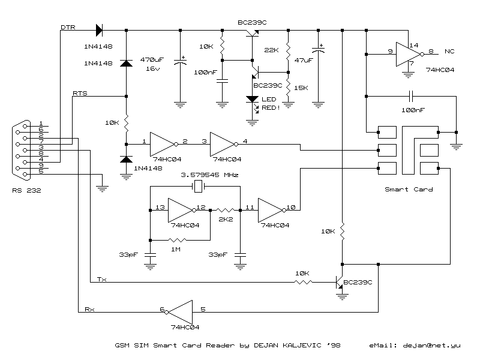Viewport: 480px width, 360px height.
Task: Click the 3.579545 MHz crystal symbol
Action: pos(199,186)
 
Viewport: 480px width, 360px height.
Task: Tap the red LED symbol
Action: pos(252,100)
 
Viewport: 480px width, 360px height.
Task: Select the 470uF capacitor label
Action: pos(152,59)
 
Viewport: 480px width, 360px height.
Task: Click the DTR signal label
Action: pos(68,27)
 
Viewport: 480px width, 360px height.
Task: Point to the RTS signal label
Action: pos(80,93)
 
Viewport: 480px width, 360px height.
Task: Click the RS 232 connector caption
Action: pos(26,190)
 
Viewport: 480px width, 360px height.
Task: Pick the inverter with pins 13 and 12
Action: pos(182,211)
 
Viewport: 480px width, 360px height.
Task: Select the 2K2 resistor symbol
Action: pos(226,211)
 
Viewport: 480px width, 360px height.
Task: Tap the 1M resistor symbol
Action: pos(177,241)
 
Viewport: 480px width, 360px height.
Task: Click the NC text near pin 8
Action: pos(449,52)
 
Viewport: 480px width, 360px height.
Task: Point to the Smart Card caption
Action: pos(409,190)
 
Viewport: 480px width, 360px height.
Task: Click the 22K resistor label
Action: pos(272,50)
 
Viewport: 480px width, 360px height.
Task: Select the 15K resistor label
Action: pos(301,88)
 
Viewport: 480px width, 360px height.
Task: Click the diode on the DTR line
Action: pos(99,31)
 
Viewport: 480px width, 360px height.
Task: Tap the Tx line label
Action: pos(102,279)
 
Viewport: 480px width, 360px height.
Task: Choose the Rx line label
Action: pos(89,309)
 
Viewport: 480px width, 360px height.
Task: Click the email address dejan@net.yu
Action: pos(431,346)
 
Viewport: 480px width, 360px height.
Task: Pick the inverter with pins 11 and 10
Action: pos(272,211)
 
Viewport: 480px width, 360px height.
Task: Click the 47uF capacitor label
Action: pos(304,61)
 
